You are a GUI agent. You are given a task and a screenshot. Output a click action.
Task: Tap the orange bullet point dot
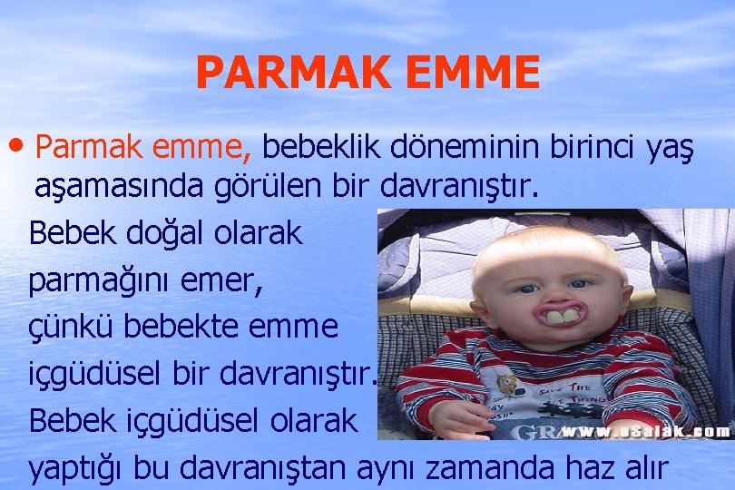(21, 145)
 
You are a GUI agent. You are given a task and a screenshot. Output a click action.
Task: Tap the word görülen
(259, 187)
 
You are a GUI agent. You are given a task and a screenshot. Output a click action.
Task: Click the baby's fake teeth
(558, 317)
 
